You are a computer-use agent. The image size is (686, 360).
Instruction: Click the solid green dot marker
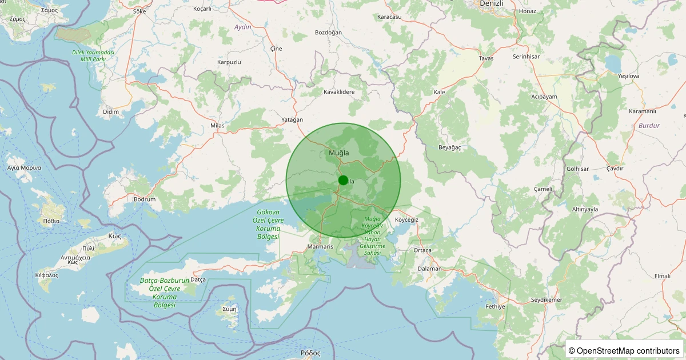pos(343,180)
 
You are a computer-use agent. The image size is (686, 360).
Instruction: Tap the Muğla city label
pos(339,153)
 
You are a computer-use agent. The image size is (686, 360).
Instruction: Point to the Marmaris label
pos(320,246)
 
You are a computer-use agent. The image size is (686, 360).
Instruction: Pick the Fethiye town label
pos(495,307)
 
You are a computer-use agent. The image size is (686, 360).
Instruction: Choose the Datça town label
pos(197,279)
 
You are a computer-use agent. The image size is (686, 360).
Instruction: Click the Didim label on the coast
pos(111,111)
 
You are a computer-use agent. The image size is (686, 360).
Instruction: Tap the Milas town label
pos(218,125)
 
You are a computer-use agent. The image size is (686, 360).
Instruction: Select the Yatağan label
pos(292,119)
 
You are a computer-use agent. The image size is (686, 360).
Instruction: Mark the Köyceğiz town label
pos(407,220)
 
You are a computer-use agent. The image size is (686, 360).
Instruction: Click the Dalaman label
pos(430,269)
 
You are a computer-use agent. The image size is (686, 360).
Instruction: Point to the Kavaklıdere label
pos(339,91)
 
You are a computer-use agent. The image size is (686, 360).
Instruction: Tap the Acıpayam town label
pos(544,97)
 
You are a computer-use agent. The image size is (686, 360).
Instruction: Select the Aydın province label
pos(243,27)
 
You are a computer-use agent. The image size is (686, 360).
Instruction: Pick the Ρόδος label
pos(310,353)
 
